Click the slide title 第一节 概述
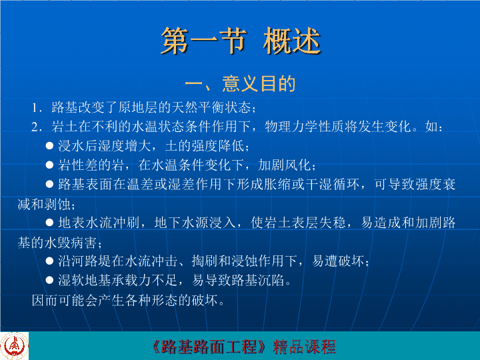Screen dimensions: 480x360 pyautogui.click(x=241, y=41)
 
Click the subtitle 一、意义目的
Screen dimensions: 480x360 pyautogui.click(x=240, y=84)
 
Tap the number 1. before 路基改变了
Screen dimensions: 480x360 pyautogui.click(x=37, y=108)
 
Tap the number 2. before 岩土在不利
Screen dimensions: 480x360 pyautogui.click(x=37, y=127)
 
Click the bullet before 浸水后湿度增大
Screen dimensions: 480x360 pyautogui.click(x=49, y=145)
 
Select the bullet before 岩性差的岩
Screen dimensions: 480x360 pyautogui.click(x=49, y=165)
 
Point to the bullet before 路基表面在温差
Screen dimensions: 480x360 pyautogui.click(x=49, y=184)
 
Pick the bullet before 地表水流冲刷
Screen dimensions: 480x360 pyautogui.click(x=49, y=223)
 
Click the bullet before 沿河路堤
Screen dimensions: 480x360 pyautogui.click(x=49, y=261)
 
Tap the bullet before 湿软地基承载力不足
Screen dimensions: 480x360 pyautogui.click(x=49, y=280)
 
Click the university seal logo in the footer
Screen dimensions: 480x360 pyautogui.click(x=14, y=346)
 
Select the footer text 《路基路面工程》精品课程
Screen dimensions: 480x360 pyautogui.click(x=244, y=347)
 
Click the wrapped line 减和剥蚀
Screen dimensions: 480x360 pyautogui.click(x=45, y=204)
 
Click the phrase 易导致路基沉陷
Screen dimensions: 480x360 pyautogui.click(x=238, y=280)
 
